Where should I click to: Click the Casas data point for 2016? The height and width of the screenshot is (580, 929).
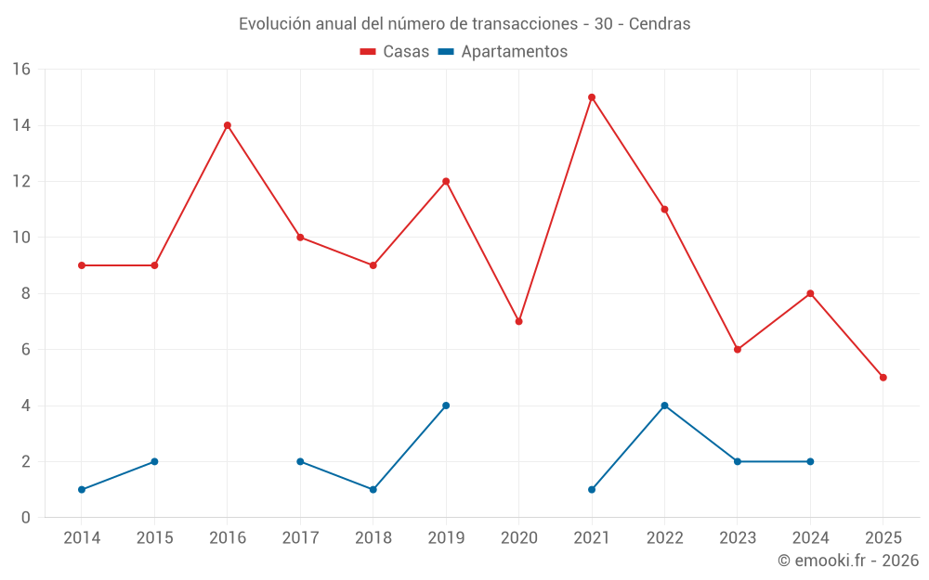[228, 125]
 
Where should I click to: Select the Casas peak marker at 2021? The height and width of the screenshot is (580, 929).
[592, 97]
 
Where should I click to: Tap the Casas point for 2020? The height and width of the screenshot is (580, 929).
[519, 321]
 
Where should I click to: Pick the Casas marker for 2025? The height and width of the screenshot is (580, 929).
[883, 378]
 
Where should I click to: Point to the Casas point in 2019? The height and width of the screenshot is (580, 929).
[446, 181]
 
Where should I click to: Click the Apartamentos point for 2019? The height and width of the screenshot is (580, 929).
[446, 406]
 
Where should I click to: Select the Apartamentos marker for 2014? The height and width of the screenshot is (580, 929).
[82, 489]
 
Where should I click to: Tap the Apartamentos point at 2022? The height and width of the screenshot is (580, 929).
[664, 406]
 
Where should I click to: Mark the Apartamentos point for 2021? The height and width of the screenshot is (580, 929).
[592, 489]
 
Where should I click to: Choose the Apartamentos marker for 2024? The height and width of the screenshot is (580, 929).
[810, 461]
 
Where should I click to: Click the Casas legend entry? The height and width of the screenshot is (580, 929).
[395, 52]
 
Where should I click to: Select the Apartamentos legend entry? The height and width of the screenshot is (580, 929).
[503, 52]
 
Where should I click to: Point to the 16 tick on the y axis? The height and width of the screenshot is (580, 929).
[21, 70]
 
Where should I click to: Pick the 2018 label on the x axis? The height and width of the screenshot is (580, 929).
[373, 538]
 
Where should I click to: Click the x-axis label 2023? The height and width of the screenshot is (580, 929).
[738, 538]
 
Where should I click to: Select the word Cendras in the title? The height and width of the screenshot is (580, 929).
[660, 24]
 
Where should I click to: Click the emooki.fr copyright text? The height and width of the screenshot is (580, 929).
[848, 561]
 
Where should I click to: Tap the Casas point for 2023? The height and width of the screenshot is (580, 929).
[738, 349]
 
